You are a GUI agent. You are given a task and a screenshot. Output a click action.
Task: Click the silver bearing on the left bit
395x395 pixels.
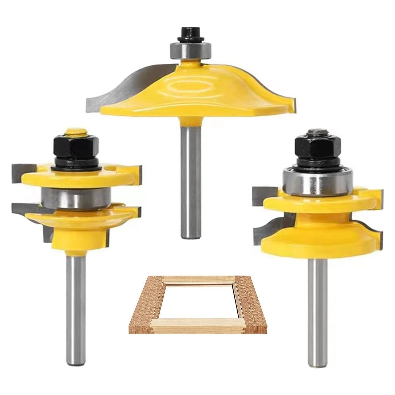click(x=76, y=198)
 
